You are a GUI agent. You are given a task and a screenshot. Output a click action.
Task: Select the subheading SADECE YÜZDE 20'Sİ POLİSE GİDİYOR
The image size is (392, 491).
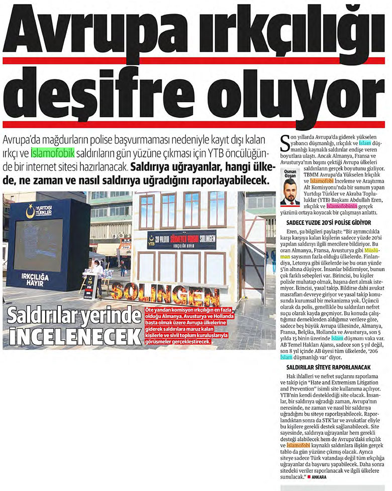[x=323, y=221]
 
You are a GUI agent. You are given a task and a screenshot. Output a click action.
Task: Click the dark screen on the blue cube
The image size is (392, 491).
[x=37, y=238]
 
